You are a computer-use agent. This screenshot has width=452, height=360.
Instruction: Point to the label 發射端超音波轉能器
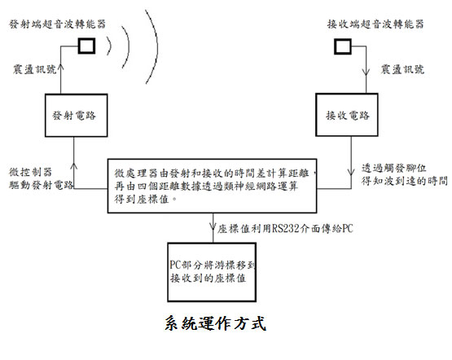58,24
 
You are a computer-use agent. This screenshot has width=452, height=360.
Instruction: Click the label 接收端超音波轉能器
375,24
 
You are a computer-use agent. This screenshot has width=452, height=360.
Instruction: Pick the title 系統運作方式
215,323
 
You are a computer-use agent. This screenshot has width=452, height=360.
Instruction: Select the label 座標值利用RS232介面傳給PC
285,229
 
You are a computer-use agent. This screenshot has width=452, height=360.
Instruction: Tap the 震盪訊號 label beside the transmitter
34,69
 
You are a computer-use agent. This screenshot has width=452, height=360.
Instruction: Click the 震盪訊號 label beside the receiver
402,69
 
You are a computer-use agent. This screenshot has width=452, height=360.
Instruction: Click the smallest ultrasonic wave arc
110,46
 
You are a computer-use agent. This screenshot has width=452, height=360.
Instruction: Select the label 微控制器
31,172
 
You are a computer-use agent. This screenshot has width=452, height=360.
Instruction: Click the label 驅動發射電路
42,185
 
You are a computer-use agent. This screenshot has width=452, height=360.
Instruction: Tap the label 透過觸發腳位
394,168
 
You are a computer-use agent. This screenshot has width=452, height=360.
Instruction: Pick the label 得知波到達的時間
405,181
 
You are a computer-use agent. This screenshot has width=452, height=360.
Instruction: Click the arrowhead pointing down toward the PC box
213,226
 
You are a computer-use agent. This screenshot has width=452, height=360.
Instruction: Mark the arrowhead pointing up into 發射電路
74,166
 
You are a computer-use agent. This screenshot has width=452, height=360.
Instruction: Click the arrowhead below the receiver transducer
366,72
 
